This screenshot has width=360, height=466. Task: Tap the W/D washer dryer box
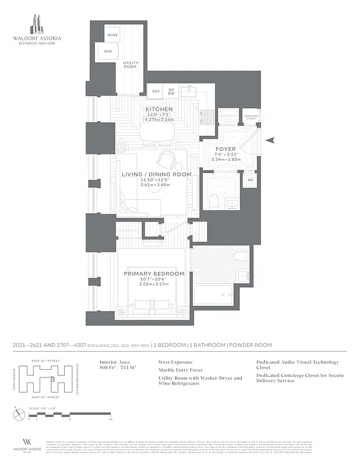coord(108,52)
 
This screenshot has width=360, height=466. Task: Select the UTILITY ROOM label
coord(130,65)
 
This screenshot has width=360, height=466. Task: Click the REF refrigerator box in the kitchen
coord(156,91)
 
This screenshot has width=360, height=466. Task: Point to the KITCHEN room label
coord(159,110)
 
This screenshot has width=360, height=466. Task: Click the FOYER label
coord(225,149)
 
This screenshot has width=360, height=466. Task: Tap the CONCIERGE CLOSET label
coord(251,116)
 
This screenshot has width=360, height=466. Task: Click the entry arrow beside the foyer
coord(271,139)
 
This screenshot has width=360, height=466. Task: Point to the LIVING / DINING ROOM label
coord(156,174)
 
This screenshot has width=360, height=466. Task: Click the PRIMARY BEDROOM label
coord(154,273)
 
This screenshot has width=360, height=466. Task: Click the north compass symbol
coord(17,415)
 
